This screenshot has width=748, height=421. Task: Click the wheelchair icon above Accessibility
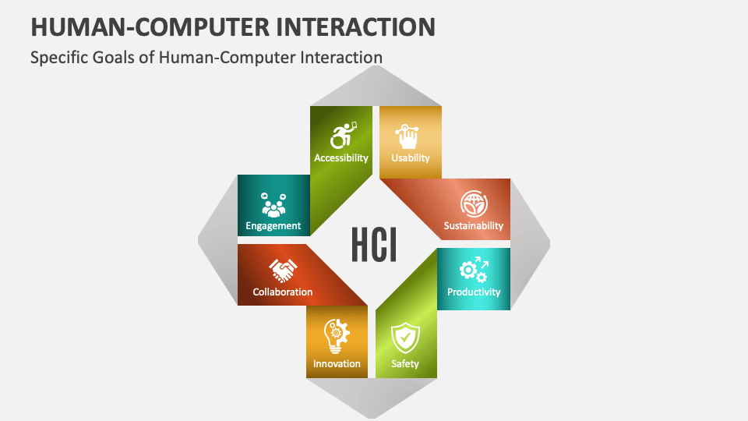pyautogui.click(x=342, y=135)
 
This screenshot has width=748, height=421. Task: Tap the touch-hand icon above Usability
pyautogui.click(x=410, y=136)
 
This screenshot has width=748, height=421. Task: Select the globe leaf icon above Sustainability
pyautogui.click(x=473, y=203)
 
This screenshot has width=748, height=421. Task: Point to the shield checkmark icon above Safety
pyautogui.click(x=405, y=338)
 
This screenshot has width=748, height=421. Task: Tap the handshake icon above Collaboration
pyautogui.click(x=283, y=270)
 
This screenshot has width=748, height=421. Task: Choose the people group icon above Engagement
pyautogui.click(x=273, y=205)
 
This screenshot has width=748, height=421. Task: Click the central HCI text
pyautogui.click(x=374, y=245)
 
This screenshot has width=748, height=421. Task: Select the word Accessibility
pyautogui.click(x=341, y=157)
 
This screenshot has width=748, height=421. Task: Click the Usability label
pyautogui.click(x=411, y=157)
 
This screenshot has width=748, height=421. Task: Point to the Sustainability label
pyautogui.click(x=474, y=226)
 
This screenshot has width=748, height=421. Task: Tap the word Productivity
pyautogui.click(x=474, y=292)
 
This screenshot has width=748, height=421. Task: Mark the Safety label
pyautogui.click(x=405, y=363)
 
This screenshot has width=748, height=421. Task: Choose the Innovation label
pyautogui.click(x=337, y=363)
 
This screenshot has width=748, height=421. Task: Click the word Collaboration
pyautogui.click(x=283, y=292)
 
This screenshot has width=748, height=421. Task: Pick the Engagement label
pyautogui.click(x=273, y=226)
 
